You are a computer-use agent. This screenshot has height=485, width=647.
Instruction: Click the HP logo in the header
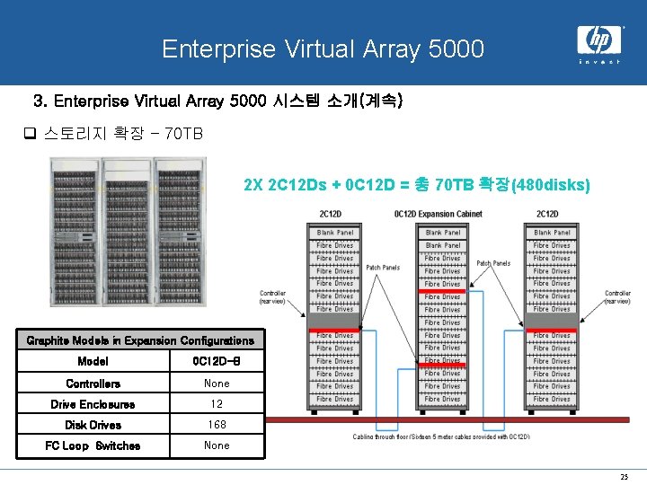click(x=598, y=40)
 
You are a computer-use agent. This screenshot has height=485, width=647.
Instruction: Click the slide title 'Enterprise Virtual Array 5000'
click(x=323, y=48)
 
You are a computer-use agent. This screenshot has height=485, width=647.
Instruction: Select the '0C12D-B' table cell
click(x=217, y=361)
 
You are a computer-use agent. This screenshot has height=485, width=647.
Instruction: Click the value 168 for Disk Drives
click(x=217, y=425)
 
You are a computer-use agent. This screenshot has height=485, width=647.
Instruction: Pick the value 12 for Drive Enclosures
click(x=217, y=404)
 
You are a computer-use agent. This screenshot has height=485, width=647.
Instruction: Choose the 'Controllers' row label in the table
click(x=93, y=384)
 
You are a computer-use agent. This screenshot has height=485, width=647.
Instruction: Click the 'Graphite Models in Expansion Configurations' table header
click(x=140, y=340)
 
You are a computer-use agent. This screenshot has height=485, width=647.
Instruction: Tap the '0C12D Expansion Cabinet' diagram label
click(x=439, y=214)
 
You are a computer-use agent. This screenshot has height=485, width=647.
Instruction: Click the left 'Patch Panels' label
click(x=384, y=267)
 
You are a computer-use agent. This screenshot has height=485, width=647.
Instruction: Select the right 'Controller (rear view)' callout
click(x=617, y=297)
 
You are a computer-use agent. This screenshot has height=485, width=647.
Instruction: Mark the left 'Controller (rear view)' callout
click(x=273, y=297)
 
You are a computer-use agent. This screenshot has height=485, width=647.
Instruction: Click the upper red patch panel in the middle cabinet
click(x=443, y=291)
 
